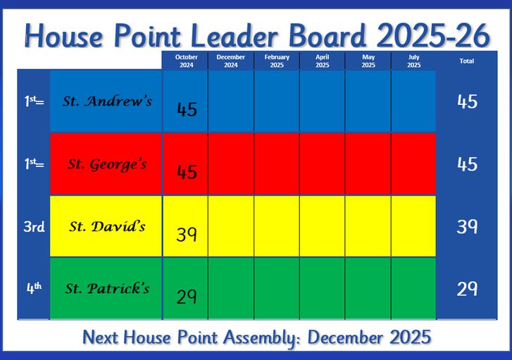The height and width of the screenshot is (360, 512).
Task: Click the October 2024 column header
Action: (187, 61)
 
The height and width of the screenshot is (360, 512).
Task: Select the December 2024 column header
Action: (230, 61)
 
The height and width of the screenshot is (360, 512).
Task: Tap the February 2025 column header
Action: (277, 61)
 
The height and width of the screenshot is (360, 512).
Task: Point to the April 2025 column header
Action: (323, 61)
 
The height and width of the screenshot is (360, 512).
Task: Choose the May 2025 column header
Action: (368, 61)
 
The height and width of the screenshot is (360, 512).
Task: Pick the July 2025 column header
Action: (413, 61)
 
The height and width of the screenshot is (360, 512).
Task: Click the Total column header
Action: (467, 61)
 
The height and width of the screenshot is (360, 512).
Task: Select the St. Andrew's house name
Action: (107, 101)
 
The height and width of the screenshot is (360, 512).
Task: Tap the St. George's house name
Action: (107, 164)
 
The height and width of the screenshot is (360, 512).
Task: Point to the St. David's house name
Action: (107, 226)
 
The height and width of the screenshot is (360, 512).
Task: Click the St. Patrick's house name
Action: (107, 288)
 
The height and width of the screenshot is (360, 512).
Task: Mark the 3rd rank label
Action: (34, 226)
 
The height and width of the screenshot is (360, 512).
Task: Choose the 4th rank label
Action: (34, 288)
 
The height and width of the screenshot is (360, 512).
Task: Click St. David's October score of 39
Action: (187, 234)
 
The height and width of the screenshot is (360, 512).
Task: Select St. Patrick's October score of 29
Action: (187, 297)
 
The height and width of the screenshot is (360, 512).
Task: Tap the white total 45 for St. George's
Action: (467, 164)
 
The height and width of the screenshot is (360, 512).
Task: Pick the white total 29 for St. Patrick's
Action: (467, 289)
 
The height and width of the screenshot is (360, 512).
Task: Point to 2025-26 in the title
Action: (433, 35)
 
